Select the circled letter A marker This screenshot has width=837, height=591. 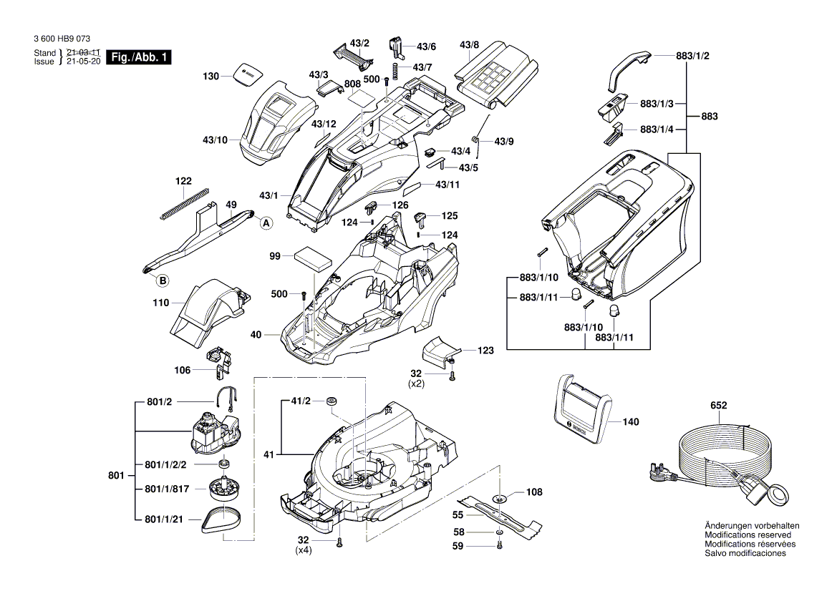pyautogui.click(x=266, y=223)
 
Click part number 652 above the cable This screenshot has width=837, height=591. pyautogui.click(x=718, y=406)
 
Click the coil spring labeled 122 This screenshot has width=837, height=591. pyautogui.click(x=183, y=203)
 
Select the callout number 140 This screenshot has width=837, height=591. pyautogui.click(x=630, y=422)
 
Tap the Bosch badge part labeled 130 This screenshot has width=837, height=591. pyautogui.click(x=247, y=74)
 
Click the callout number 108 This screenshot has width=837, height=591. pyautogui.click(x=534, y=492)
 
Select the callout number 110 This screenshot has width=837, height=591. pyautogui.click(x=161, y=303)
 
